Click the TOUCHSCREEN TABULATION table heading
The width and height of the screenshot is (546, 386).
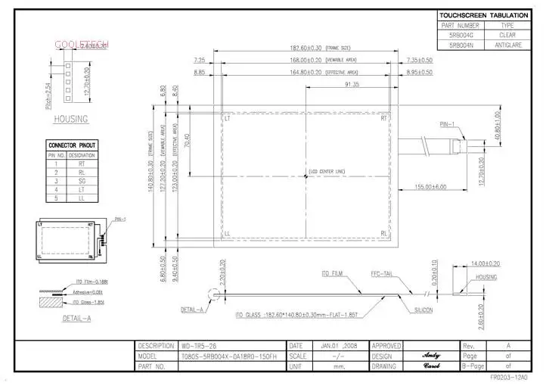tap(483, 15)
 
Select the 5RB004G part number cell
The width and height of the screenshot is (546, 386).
tap(461, 35)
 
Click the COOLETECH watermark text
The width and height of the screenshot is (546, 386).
tap(81, 45)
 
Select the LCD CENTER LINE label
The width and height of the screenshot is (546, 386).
tap(327, 173)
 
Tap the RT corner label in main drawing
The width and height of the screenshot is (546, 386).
tap(384, 119)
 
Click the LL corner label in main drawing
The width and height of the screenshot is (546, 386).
tap(228, 234)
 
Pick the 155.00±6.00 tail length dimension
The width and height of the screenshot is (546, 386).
tap(430, 186)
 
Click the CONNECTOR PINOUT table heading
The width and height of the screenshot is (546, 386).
tap(72, 145)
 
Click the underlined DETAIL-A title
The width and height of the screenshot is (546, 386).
tap(76, 319)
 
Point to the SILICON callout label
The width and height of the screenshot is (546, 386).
tap(423, 310)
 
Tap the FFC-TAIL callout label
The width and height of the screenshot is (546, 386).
tap(381, 273)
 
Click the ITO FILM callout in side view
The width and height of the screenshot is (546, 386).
tap(332, 273)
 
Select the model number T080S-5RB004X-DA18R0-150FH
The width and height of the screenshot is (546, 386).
tap(229, 356)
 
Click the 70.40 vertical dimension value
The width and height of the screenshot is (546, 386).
tap(187, 140)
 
